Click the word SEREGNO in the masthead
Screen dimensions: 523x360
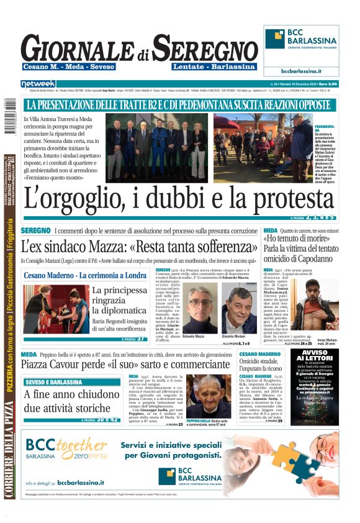(x=205, y=48)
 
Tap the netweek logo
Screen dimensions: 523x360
(x=38, y=83)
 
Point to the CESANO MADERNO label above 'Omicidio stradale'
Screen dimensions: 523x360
(x=262, y=353)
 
